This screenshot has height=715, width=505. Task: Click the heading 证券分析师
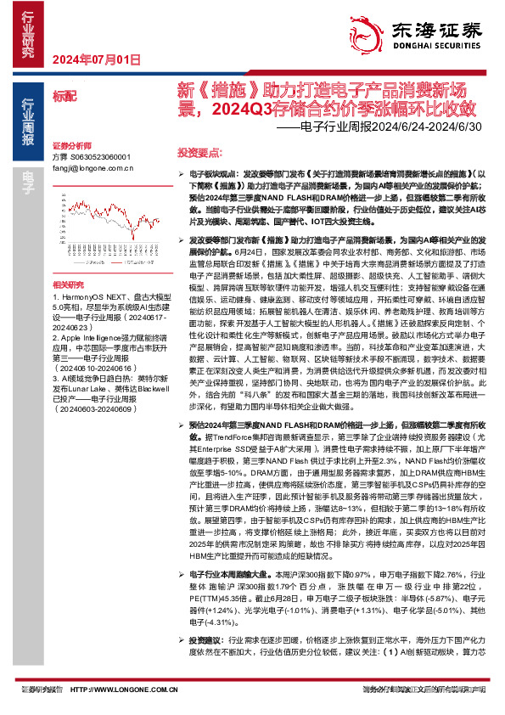point(70,146)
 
